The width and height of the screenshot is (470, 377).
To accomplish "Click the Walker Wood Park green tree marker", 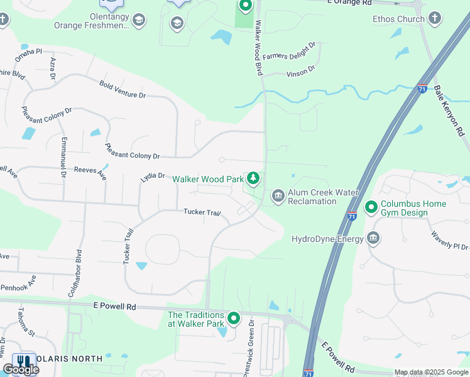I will tap(253, 179).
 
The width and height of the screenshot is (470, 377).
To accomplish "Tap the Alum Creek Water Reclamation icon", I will tap(278, 197).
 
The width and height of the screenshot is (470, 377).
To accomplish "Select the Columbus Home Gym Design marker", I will tap(371, 207).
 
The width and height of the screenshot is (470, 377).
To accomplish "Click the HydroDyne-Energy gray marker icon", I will tap(373, 239).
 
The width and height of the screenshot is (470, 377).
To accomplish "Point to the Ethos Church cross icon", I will tap(435, 19).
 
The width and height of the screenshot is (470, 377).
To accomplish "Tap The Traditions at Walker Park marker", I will tap(234, 319).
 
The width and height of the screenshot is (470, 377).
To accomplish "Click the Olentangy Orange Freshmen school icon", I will tap(139, 21).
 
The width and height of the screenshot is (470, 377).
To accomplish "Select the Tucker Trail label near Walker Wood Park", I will tap(202, 213).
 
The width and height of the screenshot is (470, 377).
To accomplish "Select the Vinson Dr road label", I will tap(300, 73).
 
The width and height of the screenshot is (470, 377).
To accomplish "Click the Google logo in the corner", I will tap(21, 369).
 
